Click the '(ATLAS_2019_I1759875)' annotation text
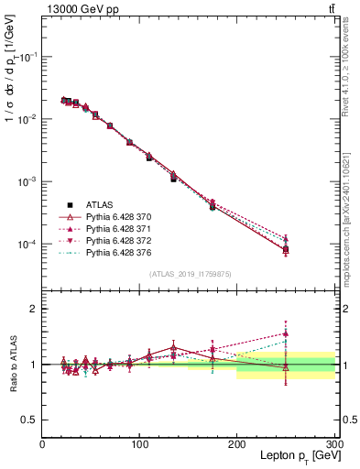[x=190, y=272]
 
